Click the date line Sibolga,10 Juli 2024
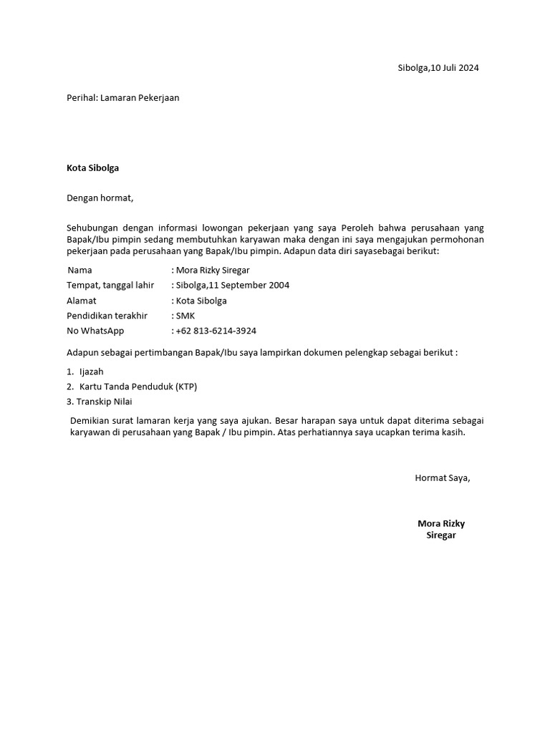(x=438, y=69)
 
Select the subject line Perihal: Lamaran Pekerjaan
(x=122, y=98)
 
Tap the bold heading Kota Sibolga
(x=93, y=169)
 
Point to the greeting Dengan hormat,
(x=100, y=198)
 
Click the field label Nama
(x=80, y=271)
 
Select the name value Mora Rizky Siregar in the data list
(x=213, y=271)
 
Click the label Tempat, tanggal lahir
(x=110, y=286)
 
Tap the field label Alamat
(x=82, y=301)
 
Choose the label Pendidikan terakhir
(x=107, y=316)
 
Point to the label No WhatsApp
(x=95, y=331)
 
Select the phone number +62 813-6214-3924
(x=216, y=331)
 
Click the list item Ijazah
(x=92, y=372)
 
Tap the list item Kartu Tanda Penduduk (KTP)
(x=138, y=387)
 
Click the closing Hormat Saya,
(x=443, y=477)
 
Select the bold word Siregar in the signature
(x=441, y=535)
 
